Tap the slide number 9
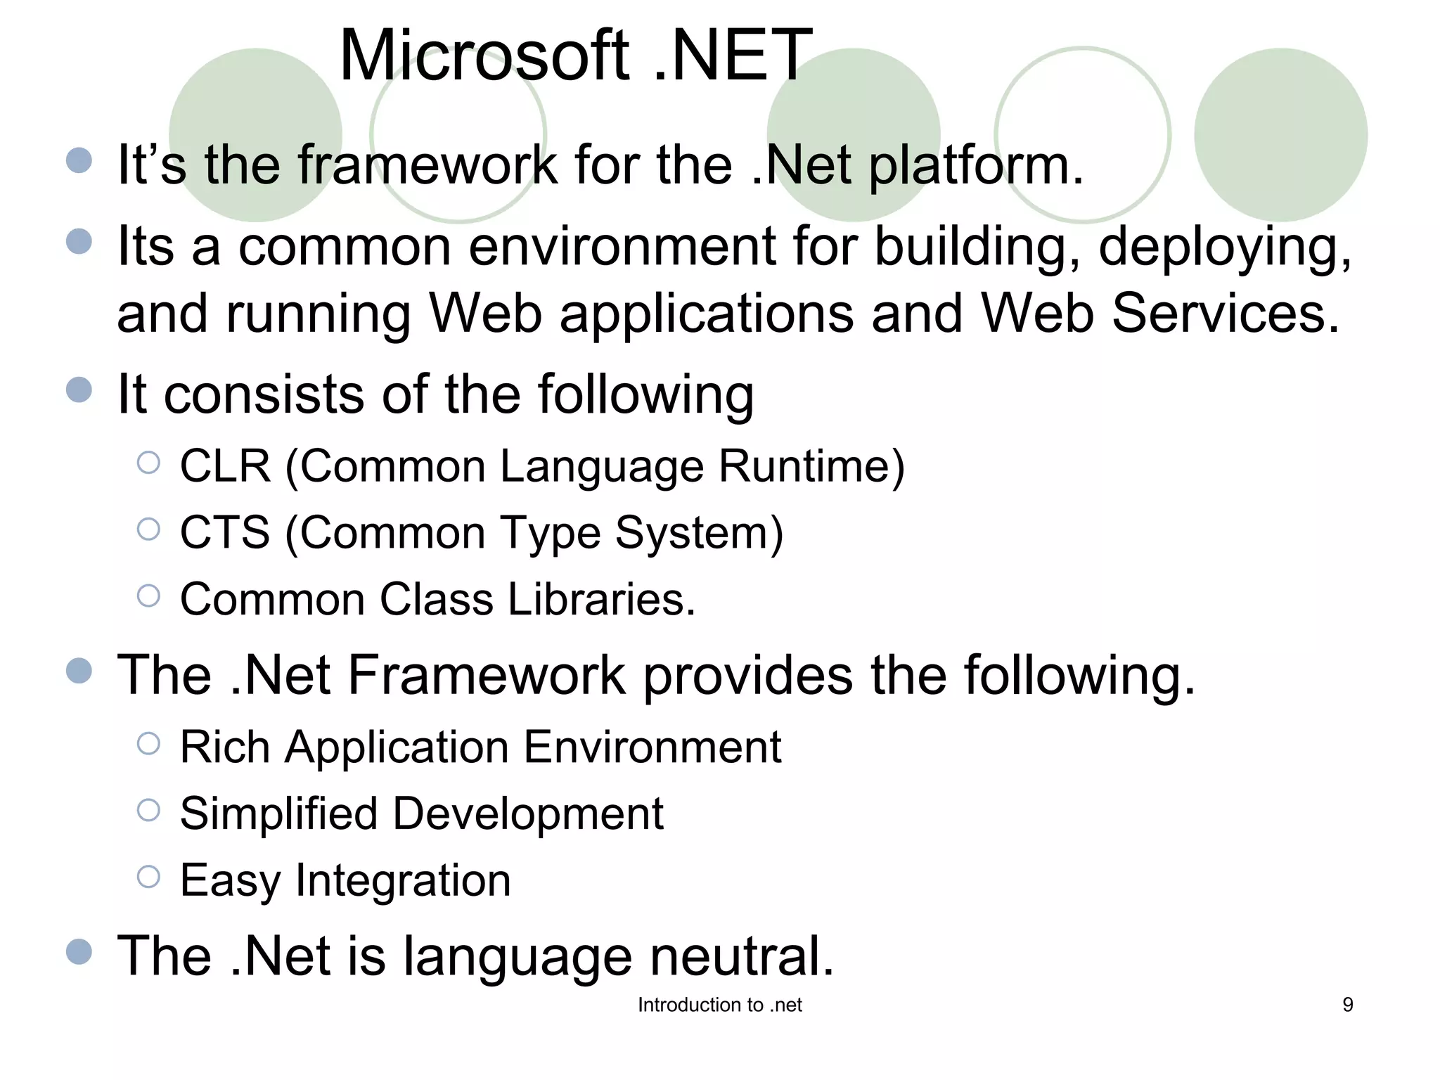(x=1348, y=1005)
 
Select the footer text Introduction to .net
(x=719, y=1005)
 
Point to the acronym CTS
(x=225, y=532)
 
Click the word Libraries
(x=601, y=599)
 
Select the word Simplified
(x=279, y=814)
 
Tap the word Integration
(x=403, y=880)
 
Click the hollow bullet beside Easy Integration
(x=148, y=877)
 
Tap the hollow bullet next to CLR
(x=148, y=463)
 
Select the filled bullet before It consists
(x=79, y=390)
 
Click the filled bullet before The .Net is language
(x=79, y=952)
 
